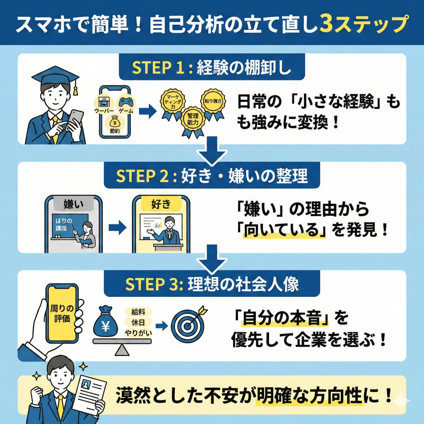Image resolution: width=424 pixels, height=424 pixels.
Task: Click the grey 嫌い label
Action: pyautogui.click(x=73, y=204)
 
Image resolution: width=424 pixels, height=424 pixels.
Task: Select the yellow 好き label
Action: pyautogui.click(x=161, y=204)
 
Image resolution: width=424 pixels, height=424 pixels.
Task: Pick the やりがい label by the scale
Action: pyautogui.click(x=138, y=332)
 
